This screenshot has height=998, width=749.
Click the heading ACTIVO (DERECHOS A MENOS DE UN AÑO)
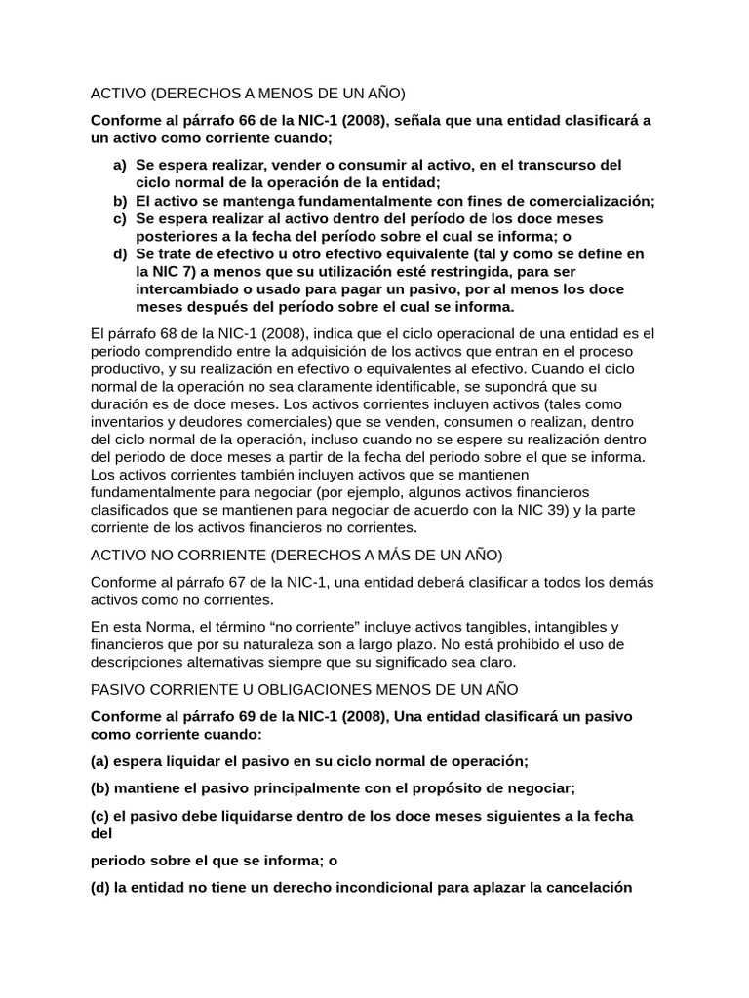click(x=247, y=94)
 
